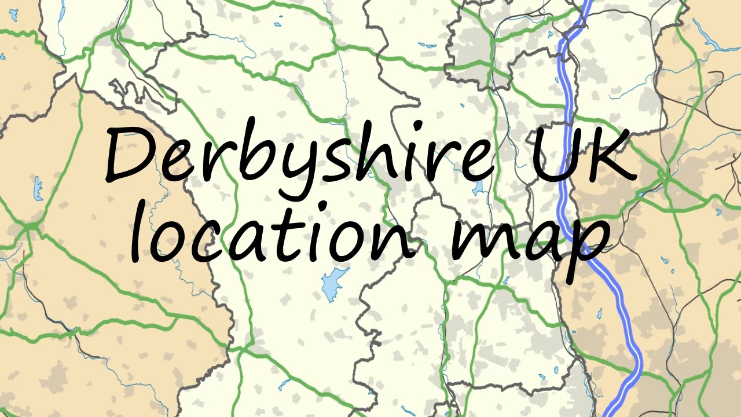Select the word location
point(272,235)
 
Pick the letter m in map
point(480,240)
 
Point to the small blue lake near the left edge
point(38,189)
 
